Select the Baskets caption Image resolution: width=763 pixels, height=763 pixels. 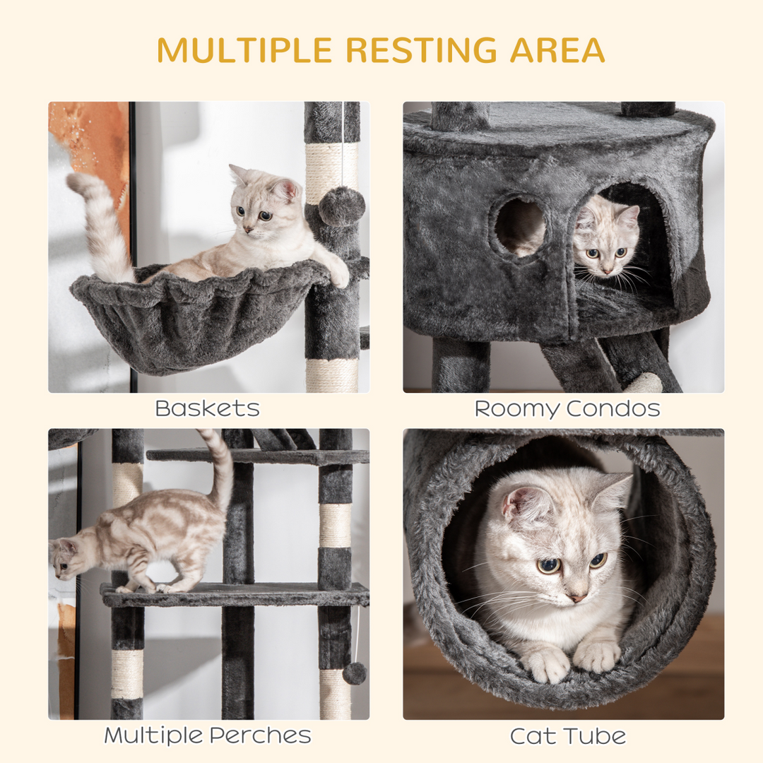pos(207,408)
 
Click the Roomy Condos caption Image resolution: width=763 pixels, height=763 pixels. pos(567,408)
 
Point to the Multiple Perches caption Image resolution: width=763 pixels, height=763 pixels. pos(207,735)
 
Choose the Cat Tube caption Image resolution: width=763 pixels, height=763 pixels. pos(568,735)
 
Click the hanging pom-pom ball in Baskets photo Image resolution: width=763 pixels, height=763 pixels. pos(342,206)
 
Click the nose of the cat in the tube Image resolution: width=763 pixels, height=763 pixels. pos(576,597)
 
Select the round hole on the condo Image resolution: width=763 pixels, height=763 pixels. pos(520,226)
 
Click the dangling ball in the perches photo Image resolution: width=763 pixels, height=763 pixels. pos(354,673)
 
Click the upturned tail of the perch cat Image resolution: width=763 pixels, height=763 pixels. pos(220,466)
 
